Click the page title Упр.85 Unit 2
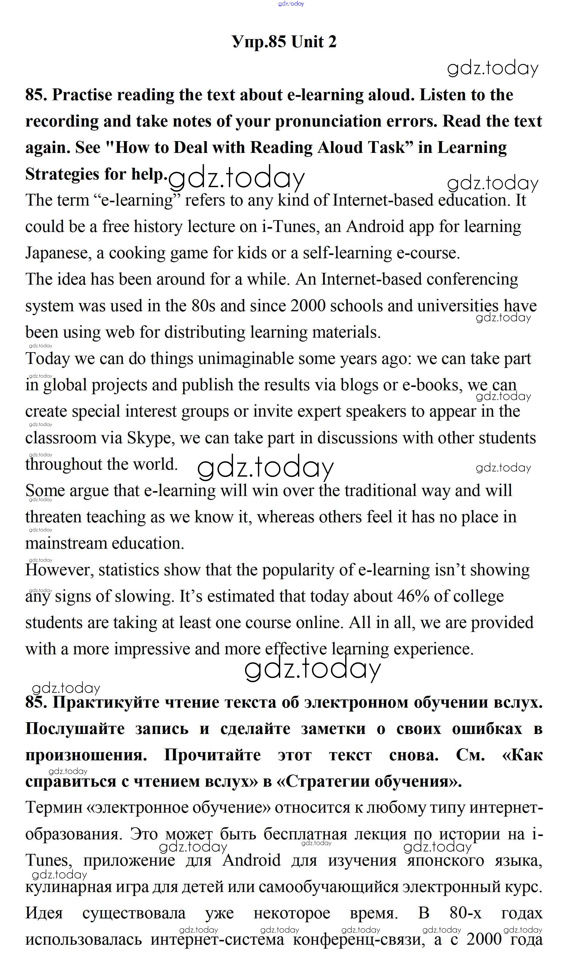pyautogui.click(x=284, y=41)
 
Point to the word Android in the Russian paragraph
pyautogui.click(x=251, y=860)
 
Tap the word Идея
pyautogui.click(x=44, y=913)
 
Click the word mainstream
pyautogui.click(x=66, y=544)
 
